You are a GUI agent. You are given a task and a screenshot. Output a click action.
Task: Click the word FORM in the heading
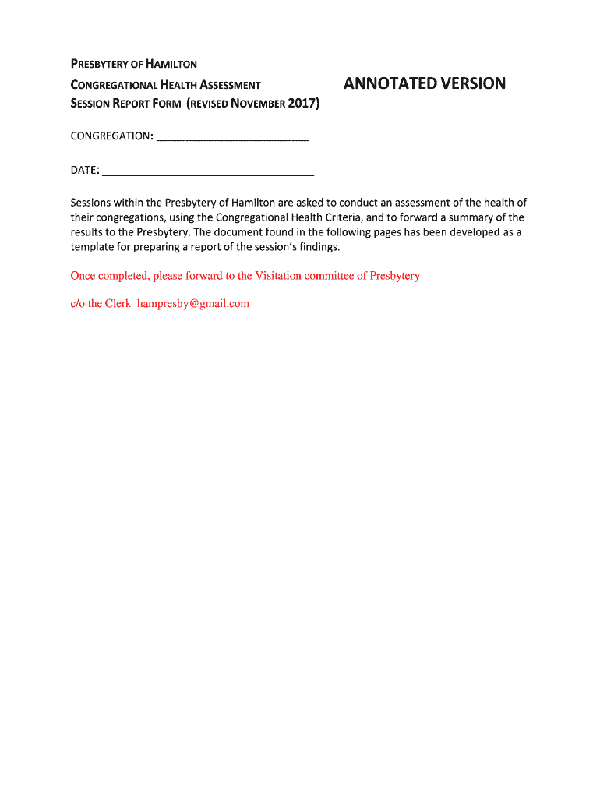(166, 104)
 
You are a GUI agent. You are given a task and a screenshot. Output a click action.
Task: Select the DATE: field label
(85, 170)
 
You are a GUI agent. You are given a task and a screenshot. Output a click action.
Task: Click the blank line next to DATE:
(208, 171)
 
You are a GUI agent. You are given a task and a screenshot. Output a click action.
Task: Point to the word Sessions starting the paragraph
(94, 203)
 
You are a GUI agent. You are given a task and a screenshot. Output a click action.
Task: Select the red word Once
(83, 276)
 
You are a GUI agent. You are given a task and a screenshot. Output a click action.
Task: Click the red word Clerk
(118, 304)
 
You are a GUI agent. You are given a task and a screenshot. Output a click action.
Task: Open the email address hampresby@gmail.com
(193, 304)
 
